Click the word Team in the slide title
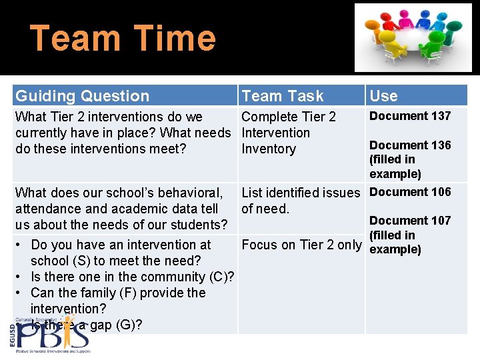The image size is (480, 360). (74, 38)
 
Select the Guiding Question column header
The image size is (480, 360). (82, 96)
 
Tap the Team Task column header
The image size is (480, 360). (282, 96)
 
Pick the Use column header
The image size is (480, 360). (383, 96)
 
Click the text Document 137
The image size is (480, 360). (410, 116)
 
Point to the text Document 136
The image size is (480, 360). (410, 145)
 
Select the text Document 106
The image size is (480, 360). (410, 192)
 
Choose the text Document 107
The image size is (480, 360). (410, 221)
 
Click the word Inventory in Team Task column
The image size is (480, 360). (268, 149)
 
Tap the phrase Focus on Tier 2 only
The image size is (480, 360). (301, 245)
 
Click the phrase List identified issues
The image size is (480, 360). (300, 193)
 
